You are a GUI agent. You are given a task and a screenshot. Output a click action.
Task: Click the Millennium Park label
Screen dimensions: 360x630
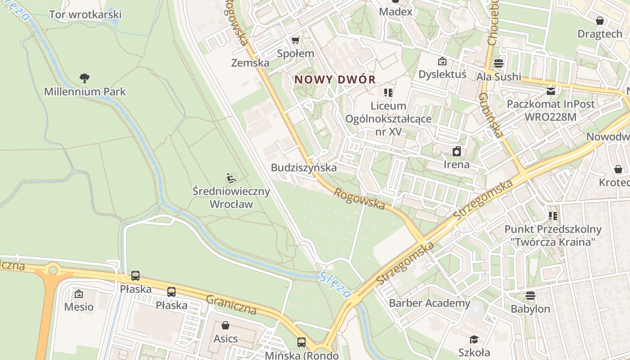[85, 92]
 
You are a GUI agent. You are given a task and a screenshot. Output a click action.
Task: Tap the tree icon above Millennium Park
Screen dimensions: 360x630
[85, 79]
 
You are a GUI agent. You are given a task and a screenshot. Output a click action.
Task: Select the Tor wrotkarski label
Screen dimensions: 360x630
[85, 14]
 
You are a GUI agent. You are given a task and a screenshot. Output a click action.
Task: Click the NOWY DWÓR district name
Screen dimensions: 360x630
[335, 80]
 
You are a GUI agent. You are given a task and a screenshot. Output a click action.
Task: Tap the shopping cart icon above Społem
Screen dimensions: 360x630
[295, 40]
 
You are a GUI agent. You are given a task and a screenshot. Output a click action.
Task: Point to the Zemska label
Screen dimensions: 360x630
[250, 63]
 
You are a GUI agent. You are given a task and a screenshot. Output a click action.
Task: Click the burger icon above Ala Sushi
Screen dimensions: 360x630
[499, 63]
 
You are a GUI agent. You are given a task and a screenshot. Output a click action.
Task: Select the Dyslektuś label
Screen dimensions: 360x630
[442, 74]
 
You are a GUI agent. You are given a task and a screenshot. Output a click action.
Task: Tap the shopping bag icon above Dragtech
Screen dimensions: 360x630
[599, 21]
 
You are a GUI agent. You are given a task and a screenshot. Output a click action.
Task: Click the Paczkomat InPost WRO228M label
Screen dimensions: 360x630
[551, 110]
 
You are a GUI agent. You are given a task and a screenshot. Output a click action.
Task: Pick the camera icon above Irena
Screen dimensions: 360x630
[457, 151]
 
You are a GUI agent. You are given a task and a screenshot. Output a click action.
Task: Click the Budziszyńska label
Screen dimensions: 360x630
[304, 168]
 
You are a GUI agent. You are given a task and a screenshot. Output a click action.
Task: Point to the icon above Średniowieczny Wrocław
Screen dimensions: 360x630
[231, 178]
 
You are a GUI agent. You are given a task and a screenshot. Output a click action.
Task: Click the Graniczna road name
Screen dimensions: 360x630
[231, 305]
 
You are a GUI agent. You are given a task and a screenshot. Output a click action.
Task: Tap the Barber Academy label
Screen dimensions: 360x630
[429, 303]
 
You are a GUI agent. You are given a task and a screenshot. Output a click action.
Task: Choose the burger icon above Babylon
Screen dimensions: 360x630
[531, 296]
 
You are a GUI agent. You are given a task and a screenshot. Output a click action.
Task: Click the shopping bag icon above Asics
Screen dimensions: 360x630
[225, 325]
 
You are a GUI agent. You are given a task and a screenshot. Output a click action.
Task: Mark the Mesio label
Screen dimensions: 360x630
[79, 307]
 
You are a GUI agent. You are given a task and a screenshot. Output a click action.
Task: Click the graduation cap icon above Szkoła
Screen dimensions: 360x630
[474, 339]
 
